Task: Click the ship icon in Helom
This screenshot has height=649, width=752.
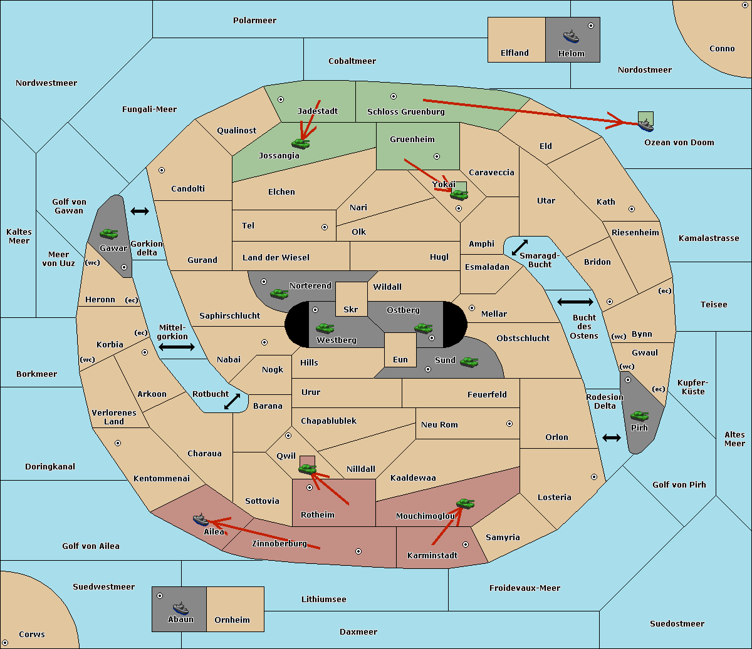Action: (571, 36)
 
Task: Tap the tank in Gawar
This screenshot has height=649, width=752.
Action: (109, 233)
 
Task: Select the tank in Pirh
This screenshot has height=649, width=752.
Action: (639, 416)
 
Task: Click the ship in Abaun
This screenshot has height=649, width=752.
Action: (180, 608)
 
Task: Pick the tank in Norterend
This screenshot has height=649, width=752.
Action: (279, 294)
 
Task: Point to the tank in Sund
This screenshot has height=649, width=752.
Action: (469, 362)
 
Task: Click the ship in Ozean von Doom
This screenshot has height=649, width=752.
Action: (645, 125)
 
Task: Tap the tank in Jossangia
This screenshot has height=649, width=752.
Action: (301, 143)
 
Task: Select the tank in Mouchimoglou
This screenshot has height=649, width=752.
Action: (466, 504)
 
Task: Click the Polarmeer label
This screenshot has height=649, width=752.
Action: (254, 21)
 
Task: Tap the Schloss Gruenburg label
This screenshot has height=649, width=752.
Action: (405, 111)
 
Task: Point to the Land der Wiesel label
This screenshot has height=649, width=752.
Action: (276, 258)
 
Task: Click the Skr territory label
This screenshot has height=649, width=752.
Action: (351, 309)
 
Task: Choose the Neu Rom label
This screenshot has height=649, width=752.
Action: (439, 424)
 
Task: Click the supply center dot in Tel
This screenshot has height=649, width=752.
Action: (325, 227)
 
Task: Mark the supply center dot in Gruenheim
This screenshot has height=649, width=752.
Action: (437, 156)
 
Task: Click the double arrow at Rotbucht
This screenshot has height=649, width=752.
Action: (232, 402)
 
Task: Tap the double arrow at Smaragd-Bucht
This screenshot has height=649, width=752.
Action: (520, 247)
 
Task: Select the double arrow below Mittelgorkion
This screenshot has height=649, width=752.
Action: (177, 347)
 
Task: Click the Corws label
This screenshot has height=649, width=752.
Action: (32, 635)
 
